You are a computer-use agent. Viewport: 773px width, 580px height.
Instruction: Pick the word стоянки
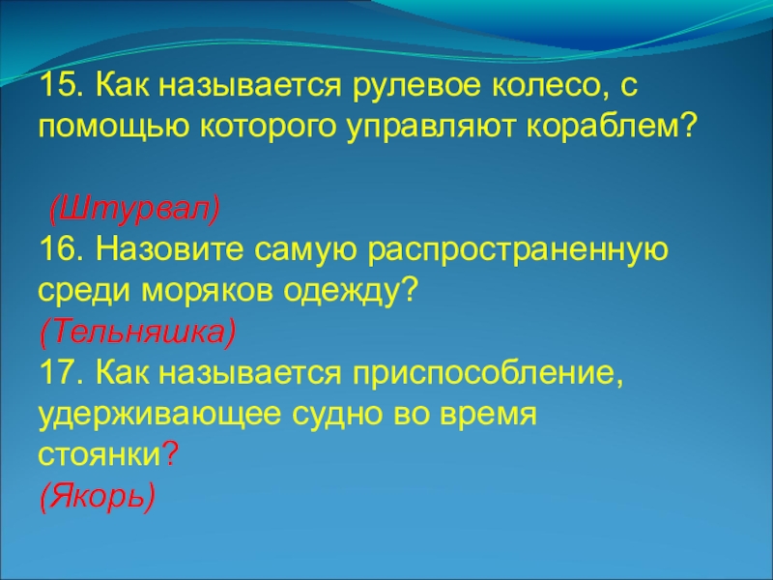(x=98, y=455)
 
